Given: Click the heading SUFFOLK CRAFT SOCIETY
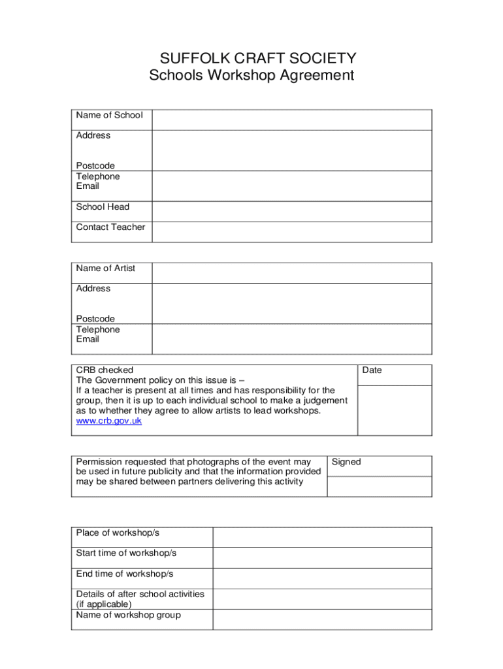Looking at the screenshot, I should coord(252,58).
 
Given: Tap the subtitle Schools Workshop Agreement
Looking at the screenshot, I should coord(252,76).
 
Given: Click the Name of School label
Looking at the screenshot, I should coord(109,116).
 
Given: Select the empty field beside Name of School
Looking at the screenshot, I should coord(291,120).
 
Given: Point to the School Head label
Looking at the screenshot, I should coord(103,207).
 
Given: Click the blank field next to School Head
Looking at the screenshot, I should coord(291,212).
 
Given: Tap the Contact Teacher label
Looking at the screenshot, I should coord(110,227).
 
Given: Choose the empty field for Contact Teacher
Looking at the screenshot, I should coord(291,232).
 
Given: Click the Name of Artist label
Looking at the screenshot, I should coord(106,269).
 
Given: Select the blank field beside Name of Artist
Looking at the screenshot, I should coord(291,273).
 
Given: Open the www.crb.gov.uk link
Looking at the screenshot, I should coord(109,421).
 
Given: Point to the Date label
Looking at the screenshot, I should coord(372,370).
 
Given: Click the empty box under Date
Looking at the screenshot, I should coord(394,410).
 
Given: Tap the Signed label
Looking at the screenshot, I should coord(346,462).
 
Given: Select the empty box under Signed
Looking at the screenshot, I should coord(379,486).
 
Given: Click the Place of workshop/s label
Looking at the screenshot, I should coord(118,533).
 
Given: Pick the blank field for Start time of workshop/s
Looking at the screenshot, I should coord(322,558).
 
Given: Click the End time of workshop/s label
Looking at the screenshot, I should coord(125,574).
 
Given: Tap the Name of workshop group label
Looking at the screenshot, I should coord(129,615).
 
